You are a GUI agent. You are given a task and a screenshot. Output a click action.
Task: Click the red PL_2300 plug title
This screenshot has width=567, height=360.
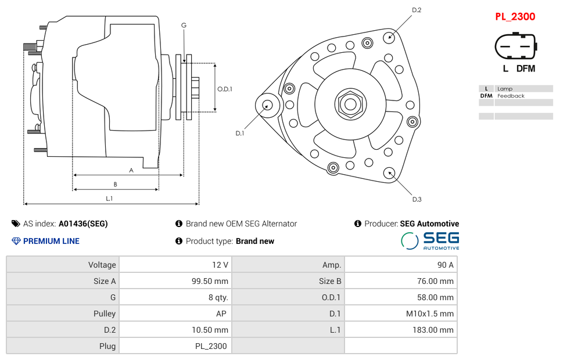click(515, 17)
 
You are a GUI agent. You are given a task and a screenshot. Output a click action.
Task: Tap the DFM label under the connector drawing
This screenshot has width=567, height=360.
click(526, 69)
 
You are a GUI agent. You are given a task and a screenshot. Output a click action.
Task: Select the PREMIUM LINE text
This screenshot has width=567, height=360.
click(51, 241)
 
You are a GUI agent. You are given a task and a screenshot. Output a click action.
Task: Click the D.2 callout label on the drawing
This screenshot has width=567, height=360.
click(417, 10)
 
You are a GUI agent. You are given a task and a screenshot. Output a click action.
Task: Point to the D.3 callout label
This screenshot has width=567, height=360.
click(417, 200)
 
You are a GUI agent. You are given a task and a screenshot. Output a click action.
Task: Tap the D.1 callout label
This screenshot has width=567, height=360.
click(239, 134)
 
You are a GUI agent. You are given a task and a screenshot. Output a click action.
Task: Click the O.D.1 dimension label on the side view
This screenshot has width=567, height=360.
click(225, 89)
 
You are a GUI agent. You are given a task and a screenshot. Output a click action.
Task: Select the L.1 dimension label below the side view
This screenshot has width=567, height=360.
click(109, 199)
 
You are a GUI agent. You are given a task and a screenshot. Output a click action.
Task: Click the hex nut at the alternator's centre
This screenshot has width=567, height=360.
click(350, 105)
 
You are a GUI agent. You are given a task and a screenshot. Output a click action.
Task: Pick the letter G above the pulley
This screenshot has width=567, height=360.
click(184, 25)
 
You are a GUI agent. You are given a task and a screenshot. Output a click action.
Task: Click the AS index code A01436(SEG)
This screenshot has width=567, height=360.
click(83, 224)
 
